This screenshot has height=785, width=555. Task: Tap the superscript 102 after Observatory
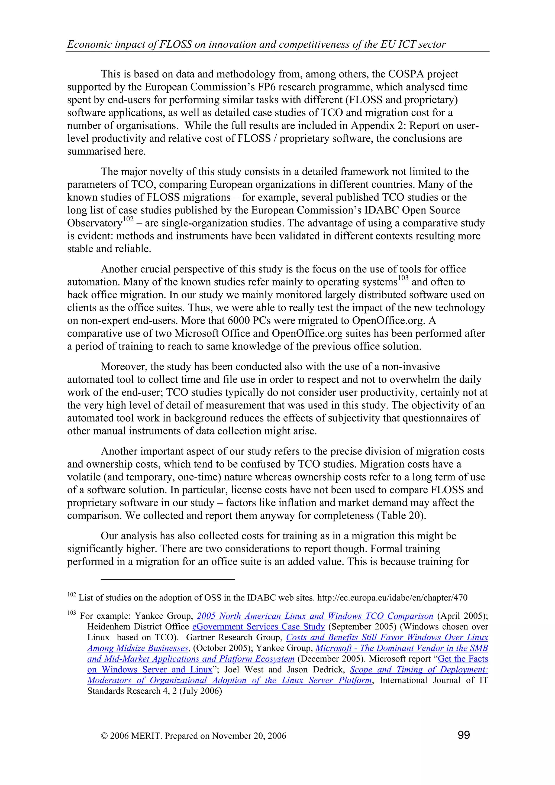tap(128, 220)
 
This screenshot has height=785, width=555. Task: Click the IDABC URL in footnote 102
tap(392, 598)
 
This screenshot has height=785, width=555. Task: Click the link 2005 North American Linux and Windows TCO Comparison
tap(315, 616)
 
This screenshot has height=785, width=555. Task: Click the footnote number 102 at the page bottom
tap(71, 595)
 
